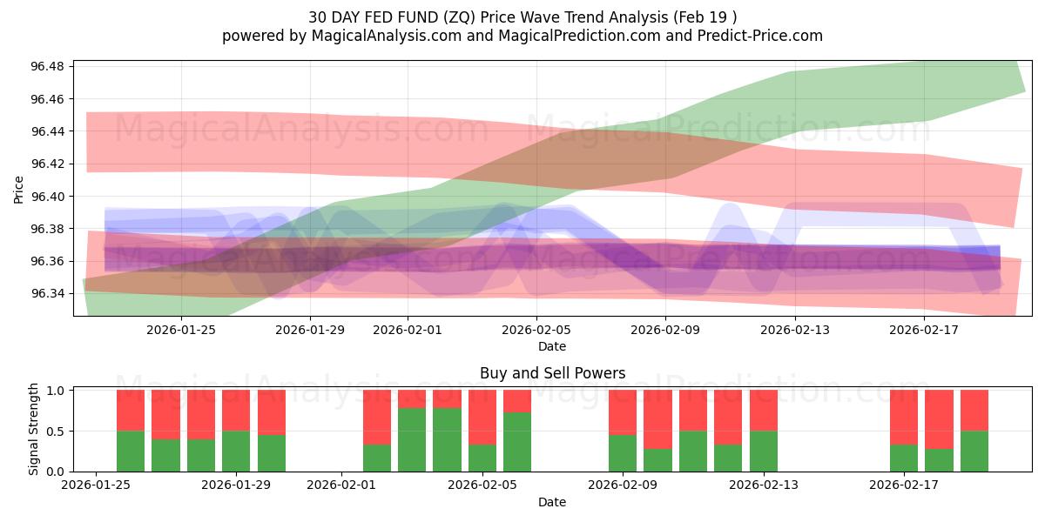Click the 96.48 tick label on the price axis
pos(47,67)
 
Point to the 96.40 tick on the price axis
pos(47,197)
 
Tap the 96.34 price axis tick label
pos(47,294)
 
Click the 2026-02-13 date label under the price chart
pos(795,330)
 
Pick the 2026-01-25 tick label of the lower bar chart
pos(95,485)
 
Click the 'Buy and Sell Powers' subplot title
pos(552,373)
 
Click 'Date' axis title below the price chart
pos(552,346)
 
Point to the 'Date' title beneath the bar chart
pos(552,502)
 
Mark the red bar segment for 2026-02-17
pos(904,418)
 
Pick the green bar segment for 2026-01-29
pos(236,451)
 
